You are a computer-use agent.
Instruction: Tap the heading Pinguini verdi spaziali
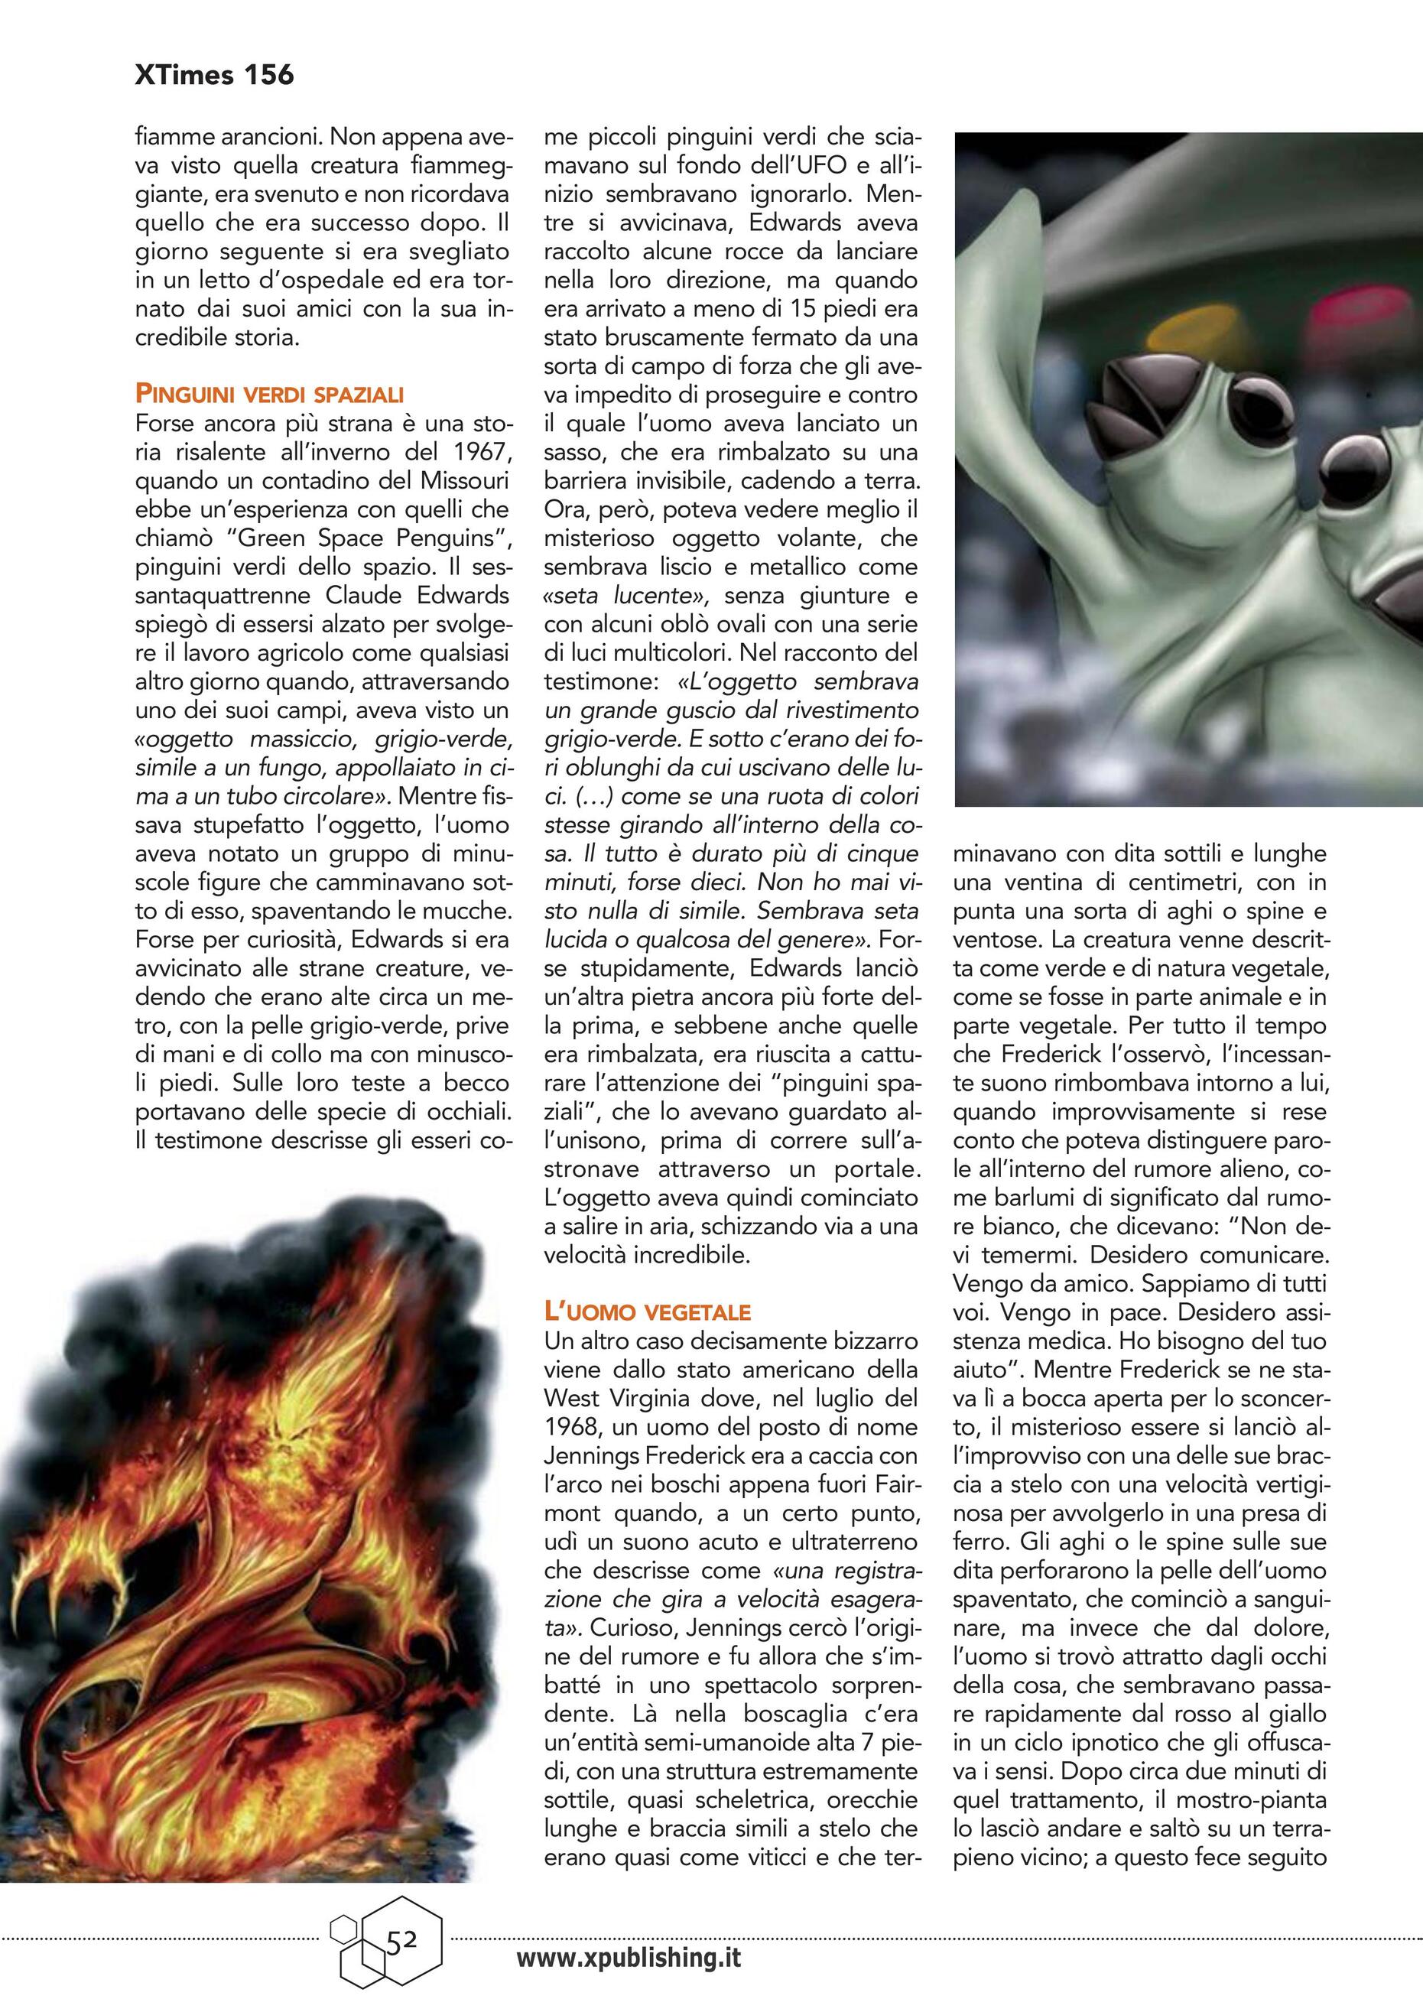[269, 395]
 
